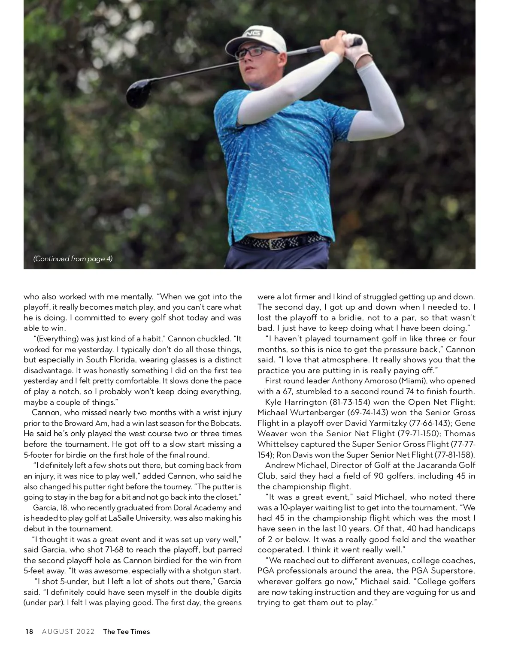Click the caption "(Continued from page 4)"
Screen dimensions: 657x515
pos(73,259)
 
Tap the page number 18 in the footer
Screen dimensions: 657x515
pos(29,631)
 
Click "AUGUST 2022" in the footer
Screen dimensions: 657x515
pos(68,631)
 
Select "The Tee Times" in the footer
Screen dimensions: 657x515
pos(127,631)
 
